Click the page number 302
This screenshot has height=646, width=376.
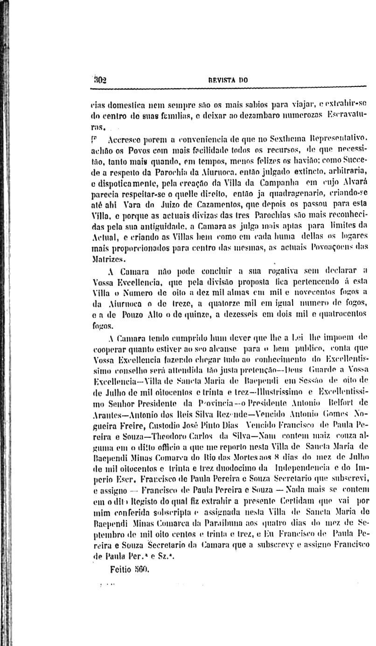pyautogui.click(x=100, y=80)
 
